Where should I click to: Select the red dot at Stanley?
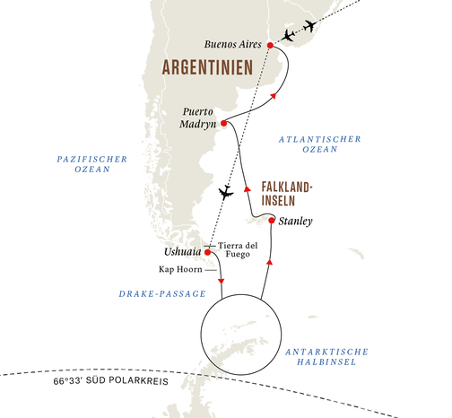click(x=272, y=219)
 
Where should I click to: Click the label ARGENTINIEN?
click(x=207, y=67)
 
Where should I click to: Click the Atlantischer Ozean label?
click(x=318, y=145)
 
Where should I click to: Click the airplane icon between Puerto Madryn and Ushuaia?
click(x=225, y=191)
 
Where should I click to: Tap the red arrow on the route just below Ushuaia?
click(x=220, y=283)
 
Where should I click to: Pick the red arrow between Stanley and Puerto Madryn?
click(x=246, y=189)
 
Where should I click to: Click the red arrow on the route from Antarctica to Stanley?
click(x=270, y=259)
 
